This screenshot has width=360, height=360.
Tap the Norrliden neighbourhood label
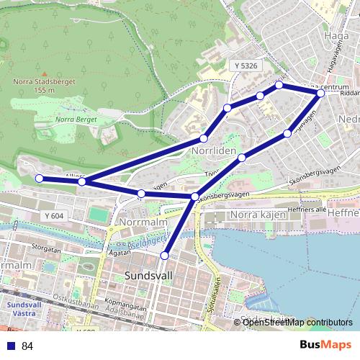(x=213, y=153)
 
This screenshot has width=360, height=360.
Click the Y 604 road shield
(x=53, y=215)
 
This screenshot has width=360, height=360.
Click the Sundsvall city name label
(x=148, y=276)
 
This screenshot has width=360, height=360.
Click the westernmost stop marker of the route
(x=39, y=179)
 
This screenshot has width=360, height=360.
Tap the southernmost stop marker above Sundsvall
(x=165, y=255)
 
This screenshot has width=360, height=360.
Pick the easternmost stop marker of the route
(x=321, y=93)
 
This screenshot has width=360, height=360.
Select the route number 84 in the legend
(x=27, y=346)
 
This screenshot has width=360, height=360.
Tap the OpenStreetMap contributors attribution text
(x=297, y=323)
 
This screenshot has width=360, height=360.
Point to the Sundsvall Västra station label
(x=22, y=308)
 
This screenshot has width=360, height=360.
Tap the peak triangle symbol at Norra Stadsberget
(x=44, y=74)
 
